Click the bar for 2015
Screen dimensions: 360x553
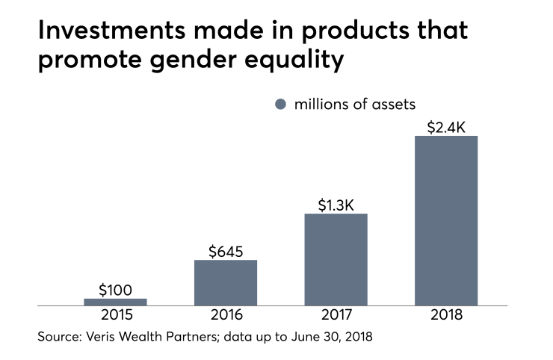click(115, 302)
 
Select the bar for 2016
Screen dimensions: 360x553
click(226, 282)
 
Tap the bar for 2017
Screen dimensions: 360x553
click(336, 259)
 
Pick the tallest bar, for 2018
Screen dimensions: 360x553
click(446, 220)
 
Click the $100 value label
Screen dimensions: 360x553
click(115, 289)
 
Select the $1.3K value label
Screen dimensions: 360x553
click(336, 204)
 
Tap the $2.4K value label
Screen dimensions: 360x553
click(446, 126)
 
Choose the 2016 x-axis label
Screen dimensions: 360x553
click(226, 314)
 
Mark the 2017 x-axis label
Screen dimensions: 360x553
click(336, 314)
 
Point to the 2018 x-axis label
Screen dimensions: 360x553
click(446, 314)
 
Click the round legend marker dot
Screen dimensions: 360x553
click(280, 105)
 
